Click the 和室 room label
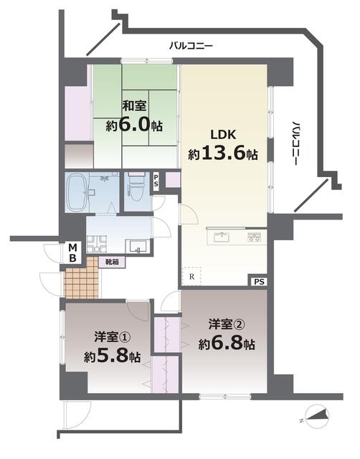tap(134, 105)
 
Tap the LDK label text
tap(223, 135)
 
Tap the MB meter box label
tap(72, 253)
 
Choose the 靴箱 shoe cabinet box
tap(112, 262)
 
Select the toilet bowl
tap(136, 189)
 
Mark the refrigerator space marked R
tap(191, 276)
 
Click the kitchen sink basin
tap(223, 236)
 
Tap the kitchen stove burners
tap(255, 237)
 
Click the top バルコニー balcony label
tap(191, 46)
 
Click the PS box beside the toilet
tap(156, 181)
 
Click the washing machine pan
tap(97, 244)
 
